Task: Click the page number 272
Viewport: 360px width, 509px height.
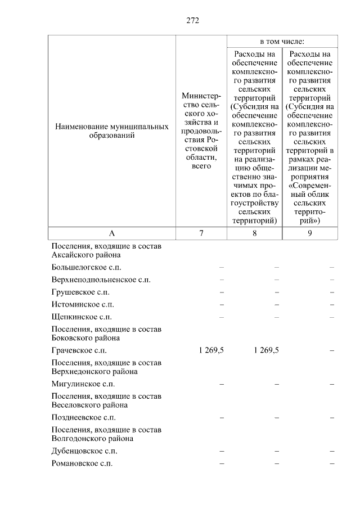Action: (x=193, y=21)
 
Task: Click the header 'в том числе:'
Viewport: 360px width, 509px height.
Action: (x=282, y=42)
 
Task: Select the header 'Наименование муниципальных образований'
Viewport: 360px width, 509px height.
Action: (x=111, y=132)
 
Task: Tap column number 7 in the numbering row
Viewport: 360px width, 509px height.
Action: (x=201, y=233)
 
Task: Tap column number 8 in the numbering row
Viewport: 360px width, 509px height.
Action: (x=254, y=233)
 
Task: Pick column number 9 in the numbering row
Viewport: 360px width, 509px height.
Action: (x=309, y=233)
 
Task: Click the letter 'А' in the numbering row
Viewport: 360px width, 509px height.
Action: (x=111, y=233)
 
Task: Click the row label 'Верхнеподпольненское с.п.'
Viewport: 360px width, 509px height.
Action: (x=101, y=280)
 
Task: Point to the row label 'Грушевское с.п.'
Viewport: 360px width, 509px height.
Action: (x=80, y=292)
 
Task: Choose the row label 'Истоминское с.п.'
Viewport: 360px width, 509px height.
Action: (x=82, y=304)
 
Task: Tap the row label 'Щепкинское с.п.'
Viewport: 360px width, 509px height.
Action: (x=81, y=317)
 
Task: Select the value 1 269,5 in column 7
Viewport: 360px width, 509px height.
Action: (x=211, y=350)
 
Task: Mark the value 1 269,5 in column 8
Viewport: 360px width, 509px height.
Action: (x=266, y=350)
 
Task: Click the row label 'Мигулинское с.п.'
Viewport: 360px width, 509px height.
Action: (x=83, y=384)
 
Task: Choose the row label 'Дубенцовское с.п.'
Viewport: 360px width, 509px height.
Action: (x=84, y=451)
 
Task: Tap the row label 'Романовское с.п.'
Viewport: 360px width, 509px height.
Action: (x=82, y=463)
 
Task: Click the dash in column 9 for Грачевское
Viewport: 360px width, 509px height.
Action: (x=332, y=350)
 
